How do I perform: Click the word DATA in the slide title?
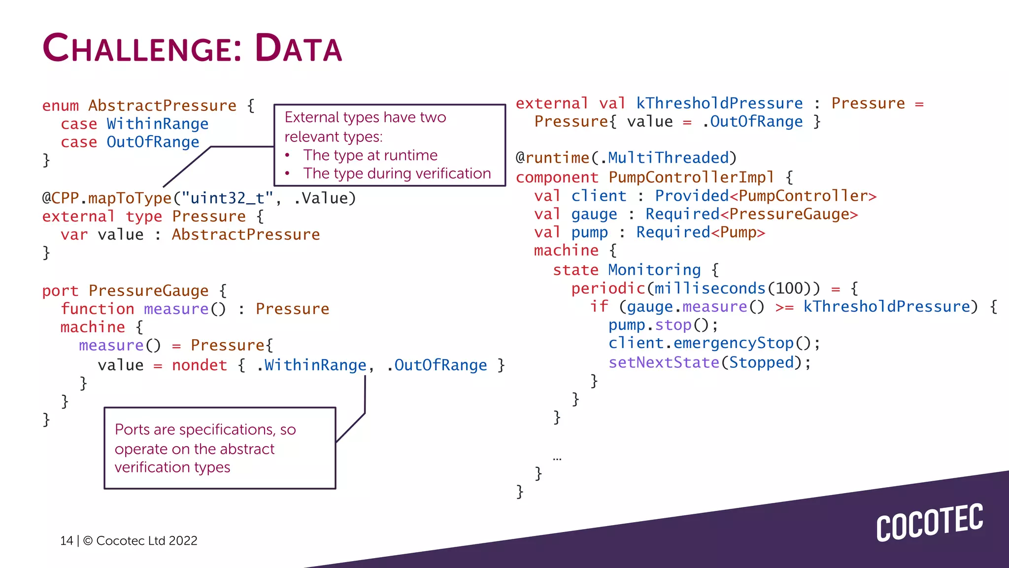point(299,48)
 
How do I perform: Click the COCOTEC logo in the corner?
point(929,523)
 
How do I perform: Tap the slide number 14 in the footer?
point(67,541)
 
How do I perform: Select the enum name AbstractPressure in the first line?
point(163,106)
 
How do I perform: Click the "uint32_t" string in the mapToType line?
point(227,198)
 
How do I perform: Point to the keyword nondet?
point(200,365)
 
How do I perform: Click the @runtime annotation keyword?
point(552,158)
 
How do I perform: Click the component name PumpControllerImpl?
point(691,177)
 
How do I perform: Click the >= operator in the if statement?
point(784,307)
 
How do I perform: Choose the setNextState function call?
point(664,362)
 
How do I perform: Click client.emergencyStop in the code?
point(701,343)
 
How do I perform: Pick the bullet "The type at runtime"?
point(370,155)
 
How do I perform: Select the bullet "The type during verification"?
point(397,174)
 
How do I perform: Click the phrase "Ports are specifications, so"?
point(205,429)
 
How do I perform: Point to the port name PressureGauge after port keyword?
point(148,291)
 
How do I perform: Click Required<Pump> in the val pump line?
point(700,232)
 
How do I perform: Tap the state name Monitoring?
point(654,270)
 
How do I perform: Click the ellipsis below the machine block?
point(557,459)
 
